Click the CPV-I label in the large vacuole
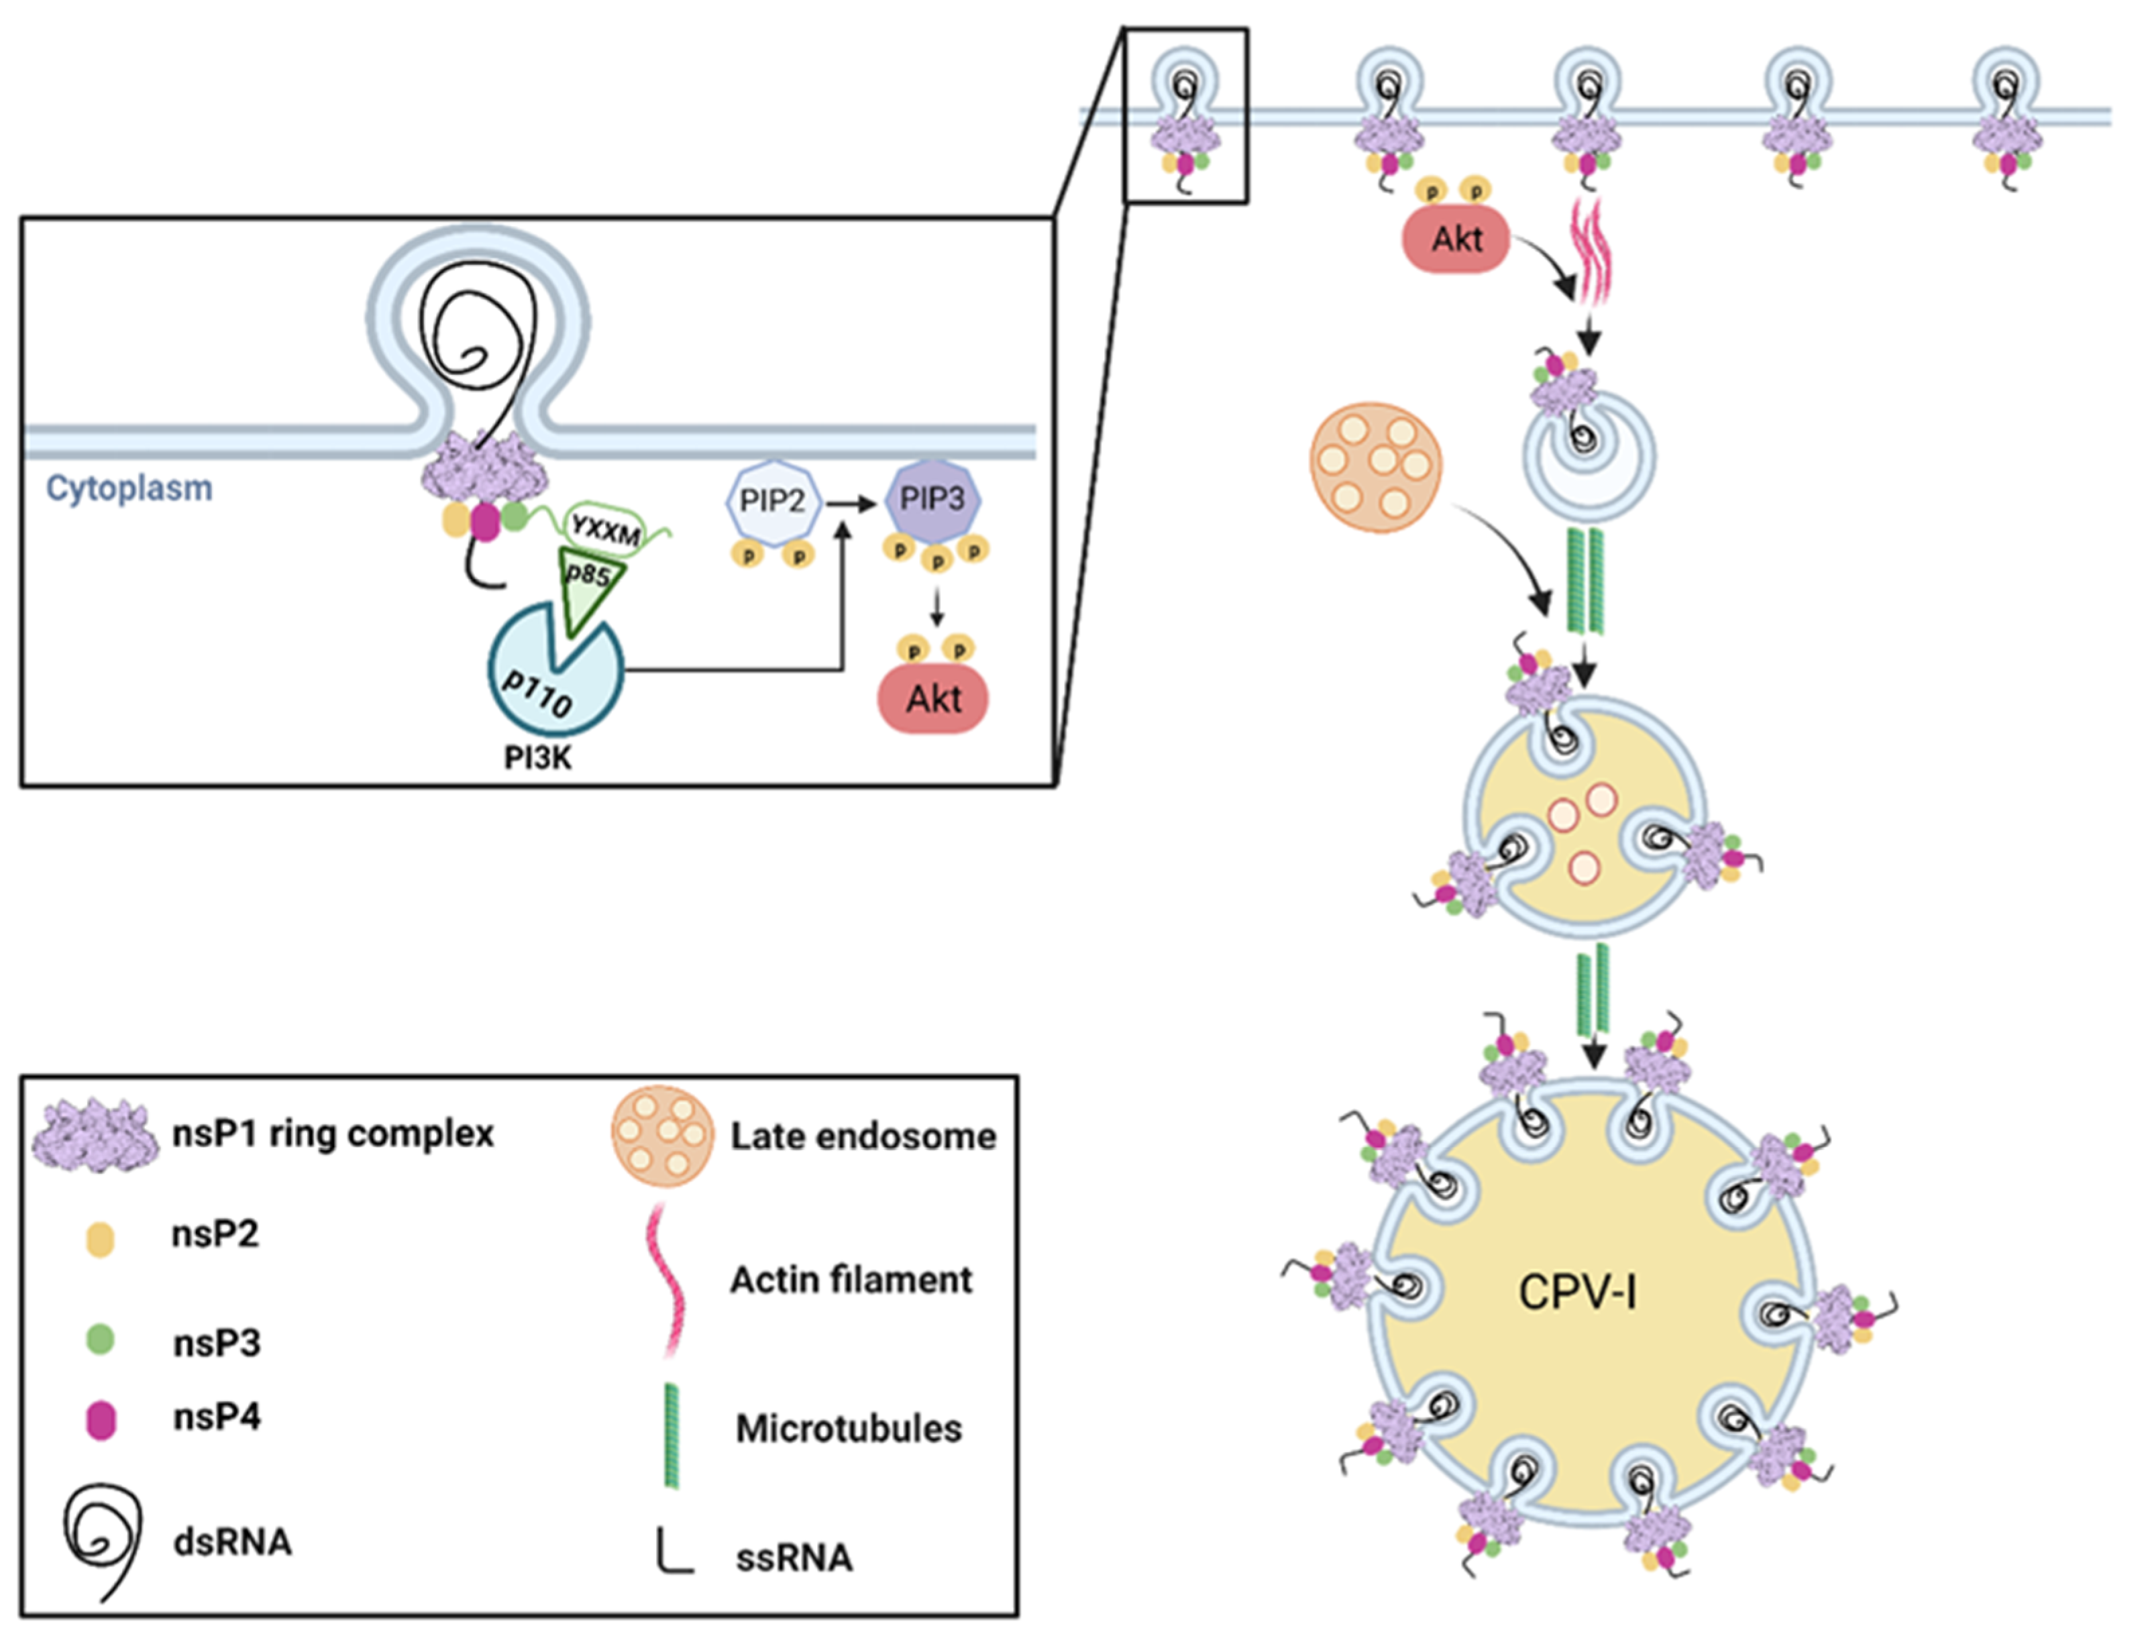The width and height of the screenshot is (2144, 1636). coord(1577,1293)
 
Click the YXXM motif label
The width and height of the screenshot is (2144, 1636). coord(606,529)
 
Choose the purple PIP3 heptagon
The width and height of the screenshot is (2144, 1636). coord(932,500)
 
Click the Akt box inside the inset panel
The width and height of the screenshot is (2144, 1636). coord(932,698)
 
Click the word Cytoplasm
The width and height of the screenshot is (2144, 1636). coord(129,488)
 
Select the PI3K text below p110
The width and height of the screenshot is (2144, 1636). coord(537,757)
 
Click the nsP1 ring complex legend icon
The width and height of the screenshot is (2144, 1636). coord(95,1134)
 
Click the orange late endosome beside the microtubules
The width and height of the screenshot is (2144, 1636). coord(1376,468)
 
